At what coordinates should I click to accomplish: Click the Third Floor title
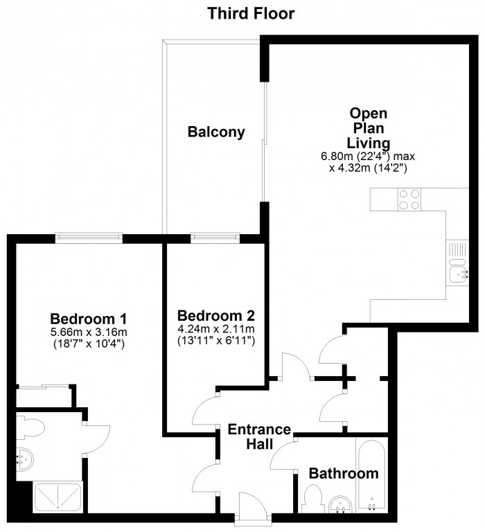pos(251,14)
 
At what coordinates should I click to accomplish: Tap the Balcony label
pos(216,132)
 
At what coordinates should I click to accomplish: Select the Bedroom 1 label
pos(88,319)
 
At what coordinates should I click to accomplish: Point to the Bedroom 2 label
pos(216,316)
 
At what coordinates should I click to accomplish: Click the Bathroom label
pos(344,473)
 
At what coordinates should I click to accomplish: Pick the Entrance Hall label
pos(259,436)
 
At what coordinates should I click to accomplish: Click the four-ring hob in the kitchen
pos(409,199)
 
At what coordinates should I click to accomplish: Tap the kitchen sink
pos(458,270)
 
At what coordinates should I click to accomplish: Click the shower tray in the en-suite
pos(58,497)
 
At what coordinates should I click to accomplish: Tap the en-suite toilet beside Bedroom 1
pos(30,428)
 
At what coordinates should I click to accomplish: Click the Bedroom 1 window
pos(89,238)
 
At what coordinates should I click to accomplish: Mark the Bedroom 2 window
pos(215,238)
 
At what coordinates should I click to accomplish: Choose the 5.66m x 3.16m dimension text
pos(89,332)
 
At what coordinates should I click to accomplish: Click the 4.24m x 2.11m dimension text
pos(216,329)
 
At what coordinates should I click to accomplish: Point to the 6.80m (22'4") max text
pos(368,157)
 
